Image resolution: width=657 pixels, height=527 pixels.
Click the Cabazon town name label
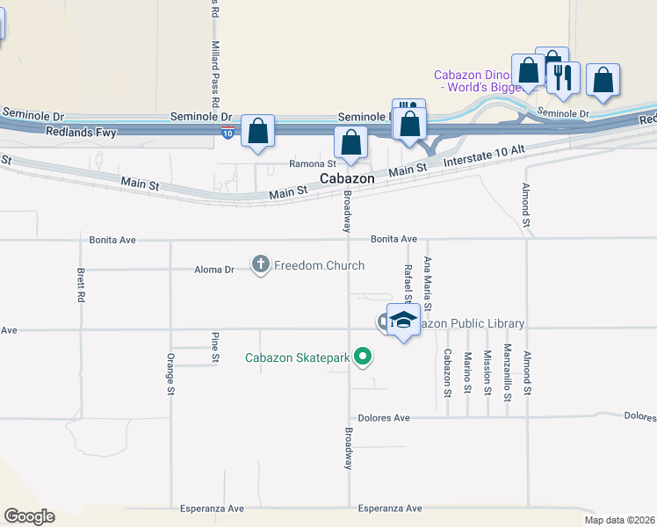click(x=347, y=178)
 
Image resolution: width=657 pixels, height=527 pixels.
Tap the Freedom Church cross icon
click(x=261, y=264)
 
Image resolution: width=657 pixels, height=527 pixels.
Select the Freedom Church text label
click(x=319, y=265)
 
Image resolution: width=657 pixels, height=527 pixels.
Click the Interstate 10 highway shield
click(x=228, y=133)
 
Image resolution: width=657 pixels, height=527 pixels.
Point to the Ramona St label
click(x=313, y=164)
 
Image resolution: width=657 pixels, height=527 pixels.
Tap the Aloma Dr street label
click(x=214, y=271)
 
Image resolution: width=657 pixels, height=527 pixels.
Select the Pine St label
click(x=215, y=348)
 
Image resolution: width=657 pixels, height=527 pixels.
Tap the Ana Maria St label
click(x=428, y=284)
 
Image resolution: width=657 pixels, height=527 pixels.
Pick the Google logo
click(x=29, y=516)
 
